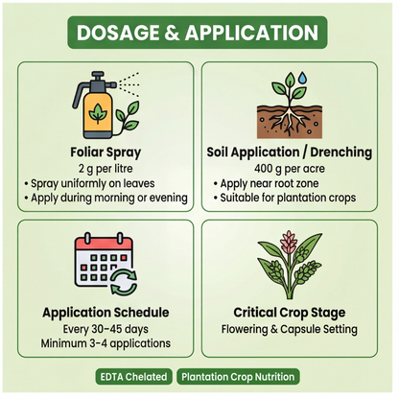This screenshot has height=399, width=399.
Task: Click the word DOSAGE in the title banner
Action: point(118,33)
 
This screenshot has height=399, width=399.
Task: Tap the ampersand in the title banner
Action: point(173,33)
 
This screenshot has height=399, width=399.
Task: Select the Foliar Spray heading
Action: point(106,153)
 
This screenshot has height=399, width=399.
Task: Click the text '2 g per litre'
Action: point(106,169)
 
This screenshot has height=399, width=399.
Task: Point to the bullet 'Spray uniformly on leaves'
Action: point(89,183)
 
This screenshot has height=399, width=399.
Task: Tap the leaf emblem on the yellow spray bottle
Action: point(98,113)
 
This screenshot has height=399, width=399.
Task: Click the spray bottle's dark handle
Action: point(80,93)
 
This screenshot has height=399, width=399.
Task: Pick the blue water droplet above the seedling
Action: point(302,78)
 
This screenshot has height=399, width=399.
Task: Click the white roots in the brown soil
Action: point(290,121)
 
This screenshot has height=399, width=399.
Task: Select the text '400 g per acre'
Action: point(290,169)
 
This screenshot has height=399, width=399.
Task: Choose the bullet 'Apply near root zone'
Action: point(267,183)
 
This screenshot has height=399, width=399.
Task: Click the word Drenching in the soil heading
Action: point(340,153)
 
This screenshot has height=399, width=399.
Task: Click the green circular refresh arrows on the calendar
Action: point(124,281)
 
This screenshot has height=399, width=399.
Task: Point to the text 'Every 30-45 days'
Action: point(106,329)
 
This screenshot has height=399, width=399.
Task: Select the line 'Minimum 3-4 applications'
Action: point(106,343)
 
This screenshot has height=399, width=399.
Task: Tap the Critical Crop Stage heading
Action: point(290,313)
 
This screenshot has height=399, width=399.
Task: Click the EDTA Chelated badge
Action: point(133,377)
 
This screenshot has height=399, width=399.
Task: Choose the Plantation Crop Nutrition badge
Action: point(238,377)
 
